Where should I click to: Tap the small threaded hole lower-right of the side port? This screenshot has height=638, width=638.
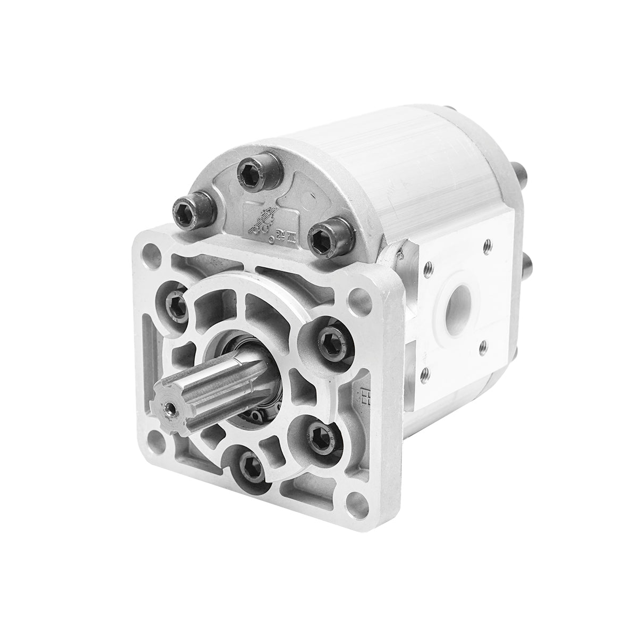(483, 347)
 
